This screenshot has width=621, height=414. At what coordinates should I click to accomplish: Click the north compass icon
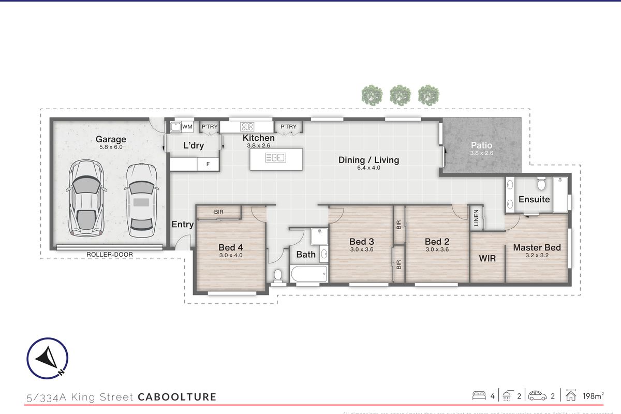point(47,358)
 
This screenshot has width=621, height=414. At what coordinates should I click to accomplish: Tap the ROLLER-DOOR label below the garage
point(110,254)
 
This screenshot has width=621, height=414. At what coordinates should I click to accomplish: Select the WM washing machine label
point(187,126)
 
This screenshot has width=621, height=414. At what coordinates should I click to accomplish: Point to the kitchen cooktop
point(247,126)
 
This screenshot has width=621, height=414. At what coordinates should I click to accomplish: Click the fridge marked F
point(208,164)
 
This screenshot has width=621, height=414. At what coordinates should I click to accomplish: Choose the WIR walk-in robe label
point(487,258)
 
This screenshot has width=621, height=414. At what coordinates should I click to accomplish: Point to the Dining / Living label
point(368,160)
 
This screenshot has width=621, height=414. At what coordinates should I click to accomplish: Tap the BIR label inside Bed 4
point(219,212)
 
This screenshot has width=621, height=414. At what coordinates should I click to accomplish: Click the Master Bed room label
point(537,248)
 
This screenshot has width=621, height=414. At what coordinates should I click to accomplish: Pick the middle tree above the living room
point(400,95)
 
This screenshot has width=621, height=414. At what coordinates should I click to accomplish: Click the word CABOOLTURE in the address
point(177,397)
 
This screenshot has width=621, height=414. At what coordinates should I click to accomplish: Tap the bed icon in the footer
point(479,396)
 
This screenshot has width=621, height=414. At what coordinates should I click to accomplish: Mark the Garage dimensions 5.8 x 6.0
point(111,147)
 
